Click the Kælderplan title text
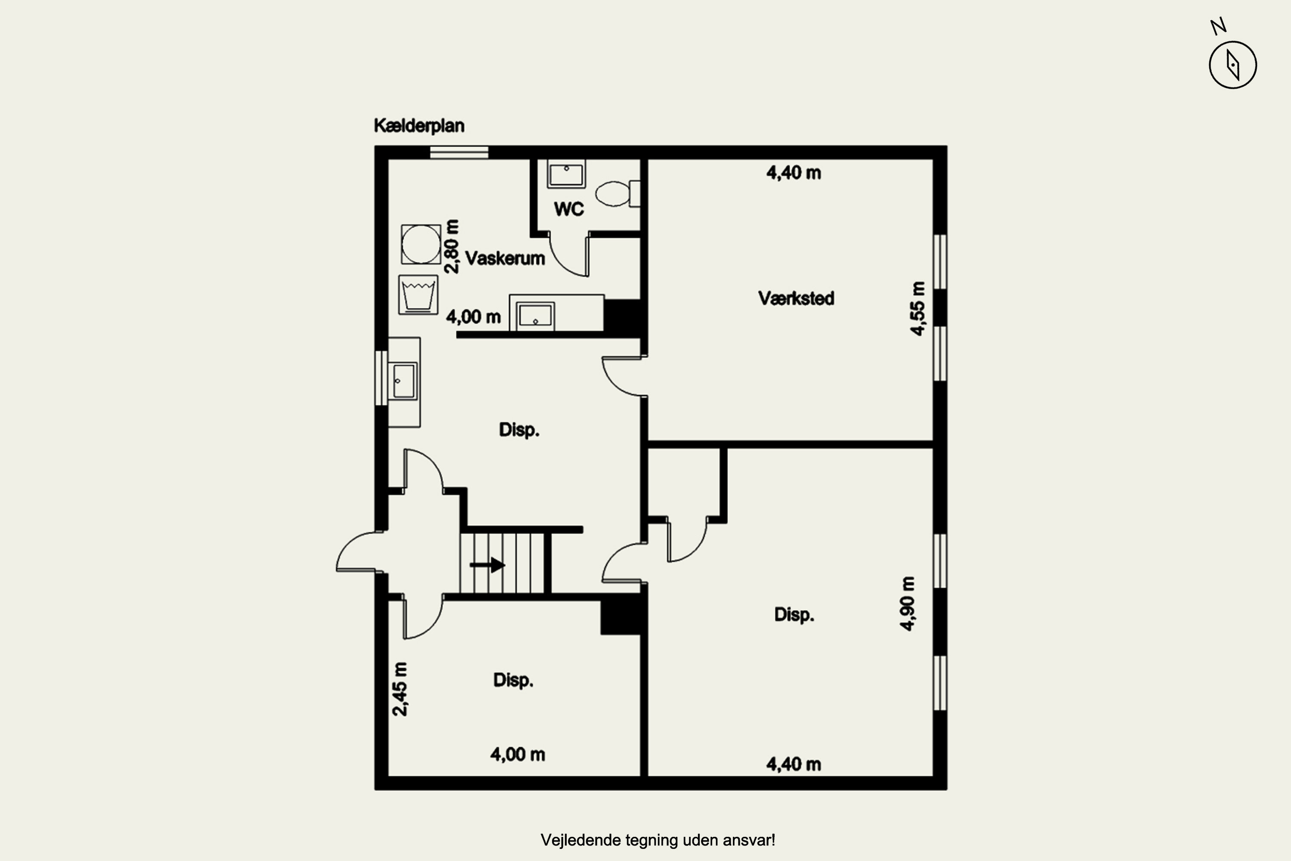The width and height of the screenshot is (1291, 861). tap(419, 126)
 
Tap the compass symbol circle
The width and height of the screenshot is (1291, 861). tap(1233, 65)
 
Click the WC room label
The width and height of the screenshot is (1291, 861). tap(568, 209)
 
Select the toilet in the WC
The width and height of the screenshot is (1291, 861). tap(618, 194)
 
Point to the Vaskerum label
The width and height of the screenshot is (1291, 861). tap(505, 258)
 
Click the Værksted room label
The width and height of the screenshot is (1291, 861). tap(796, 299)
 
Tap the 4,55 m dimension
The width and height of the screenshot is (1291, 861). tap(918, 309)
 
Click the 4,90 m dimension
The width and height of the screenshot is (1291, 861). tap(908, 604)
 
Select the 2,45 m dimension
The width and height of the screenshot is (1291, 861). tap(400, 689)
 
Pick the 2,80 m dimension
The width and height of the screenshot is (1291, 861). tap(452, 247)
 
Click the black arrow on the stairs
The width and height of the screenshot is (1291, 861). tap(488, 564)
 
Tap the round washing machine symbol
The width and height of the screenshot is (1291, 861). tap(421, 245)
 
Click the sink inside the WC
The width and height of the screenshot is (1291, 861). tap(566, 174)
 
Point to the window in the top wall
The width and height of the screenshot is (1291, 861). tap(459, 152)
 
